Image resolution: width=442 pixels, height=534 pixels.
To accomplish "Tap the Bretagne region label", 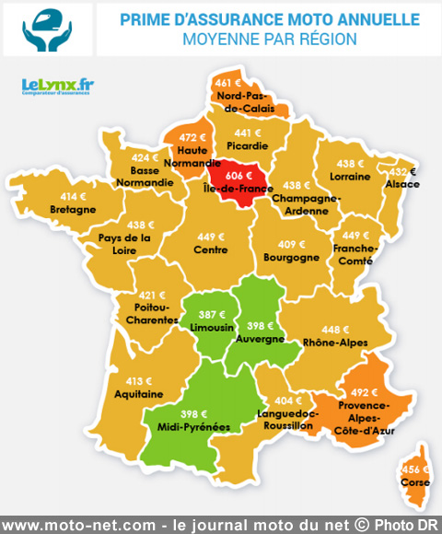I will tap(74, 209).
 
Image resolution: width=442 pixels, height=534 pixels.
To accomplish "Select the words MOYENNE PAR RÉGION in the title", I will tap(269, 40).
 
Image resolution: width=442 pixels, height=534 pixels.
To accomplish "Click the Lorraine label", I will tap(350, 176).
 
